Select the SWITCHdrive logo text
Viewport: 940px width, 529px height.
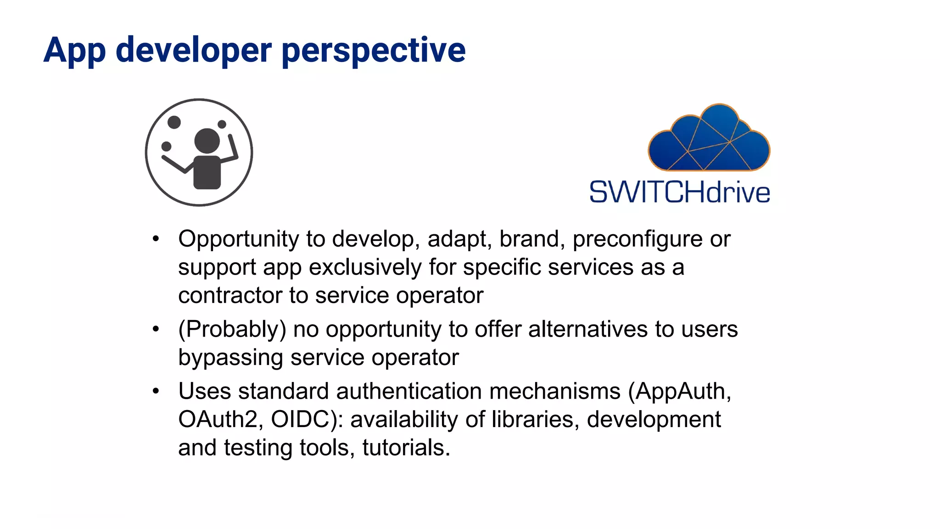(679, 192)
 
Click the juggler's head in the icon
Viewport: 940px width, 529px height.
(207, 141)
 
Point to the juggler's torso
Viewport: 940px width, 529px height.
(207, 172)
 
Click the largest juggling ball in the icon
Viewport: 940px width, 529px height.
(174, 122)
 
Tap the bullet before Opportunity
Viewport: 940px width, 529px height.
(156, 239)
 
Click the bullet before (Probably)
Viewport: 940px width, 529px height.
(156, 329)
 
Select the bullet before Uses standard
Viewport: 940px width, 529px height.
(156, 391)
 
